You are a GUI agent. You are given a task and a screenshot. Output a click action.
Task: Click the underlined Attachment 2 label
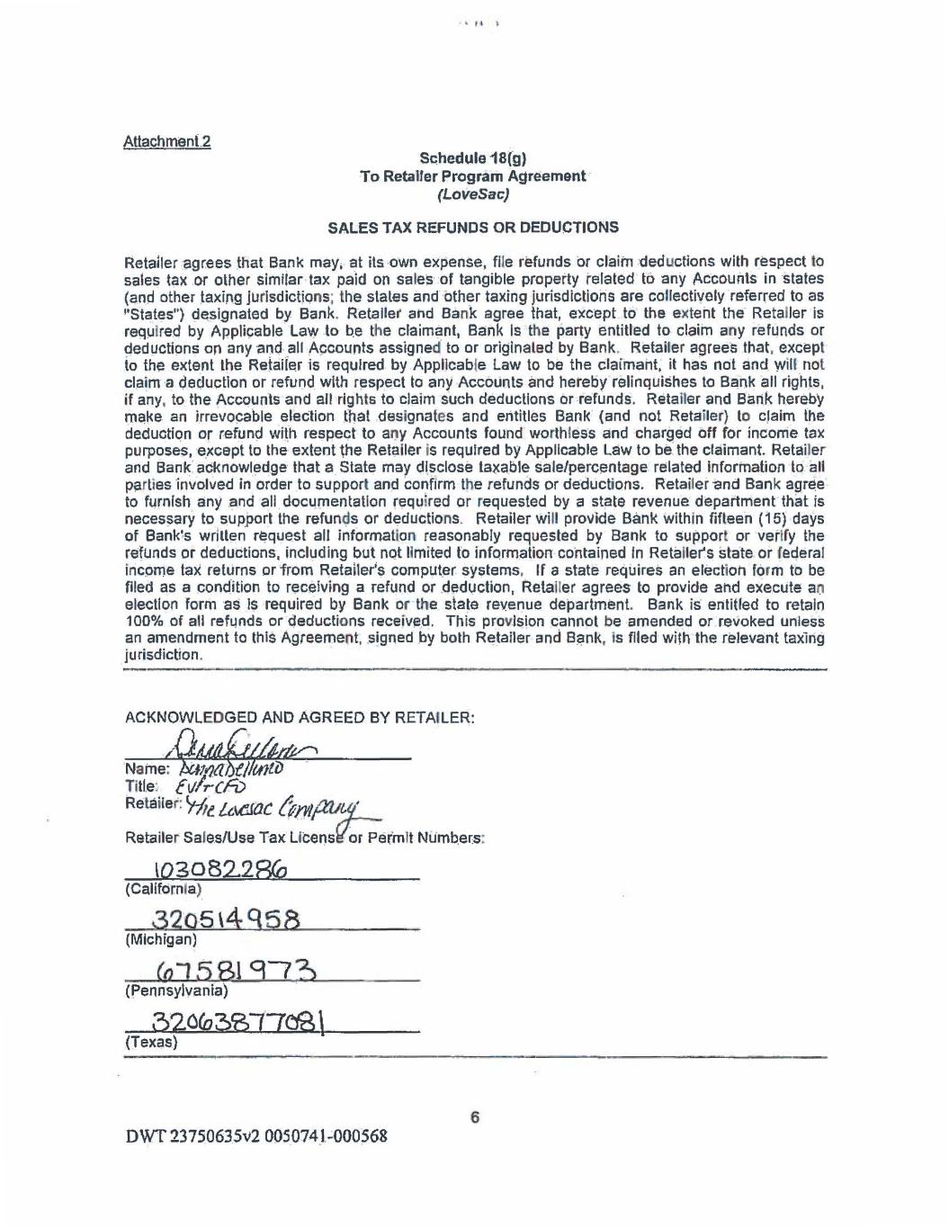pos(166,141)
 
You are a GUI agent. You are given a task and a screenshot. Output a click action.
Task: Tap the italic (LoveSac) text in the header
pos(473,193)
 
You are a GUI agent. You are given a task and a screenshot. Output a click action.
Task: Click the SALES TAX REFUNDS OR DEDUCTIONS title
pos(473,228)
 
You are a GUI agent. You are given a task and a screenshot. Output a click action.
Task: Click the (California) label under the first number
pos(163,889)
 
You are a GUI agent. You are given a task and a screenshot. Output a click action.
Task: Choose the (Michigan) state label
pos(161,939)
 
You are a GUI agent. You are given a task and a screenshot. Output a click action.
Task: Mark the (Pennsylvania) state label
pos(176,990)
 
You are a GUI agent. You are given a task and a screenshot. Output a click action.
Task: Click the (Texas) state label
pos(151,1042)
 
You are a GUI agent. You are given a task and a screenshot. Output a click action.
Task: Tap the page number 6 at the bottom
pos(475,1117)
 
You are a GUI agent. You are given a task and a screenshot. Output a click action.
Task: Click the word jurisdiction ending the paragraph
pos(163,655)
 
